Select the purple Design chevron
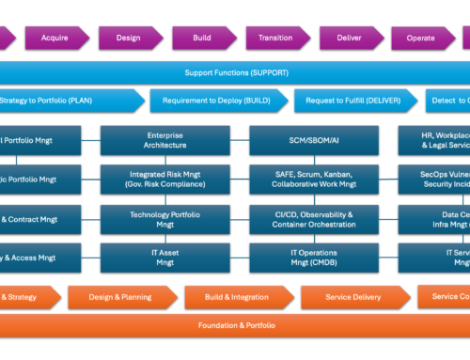coord(129,39)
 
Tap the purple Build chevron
coord(200,39)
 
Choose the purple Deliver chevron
coord(348,39)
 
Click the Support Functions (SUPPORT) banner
coord(235,72)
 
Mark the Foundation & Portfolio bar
coord(235,325)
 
